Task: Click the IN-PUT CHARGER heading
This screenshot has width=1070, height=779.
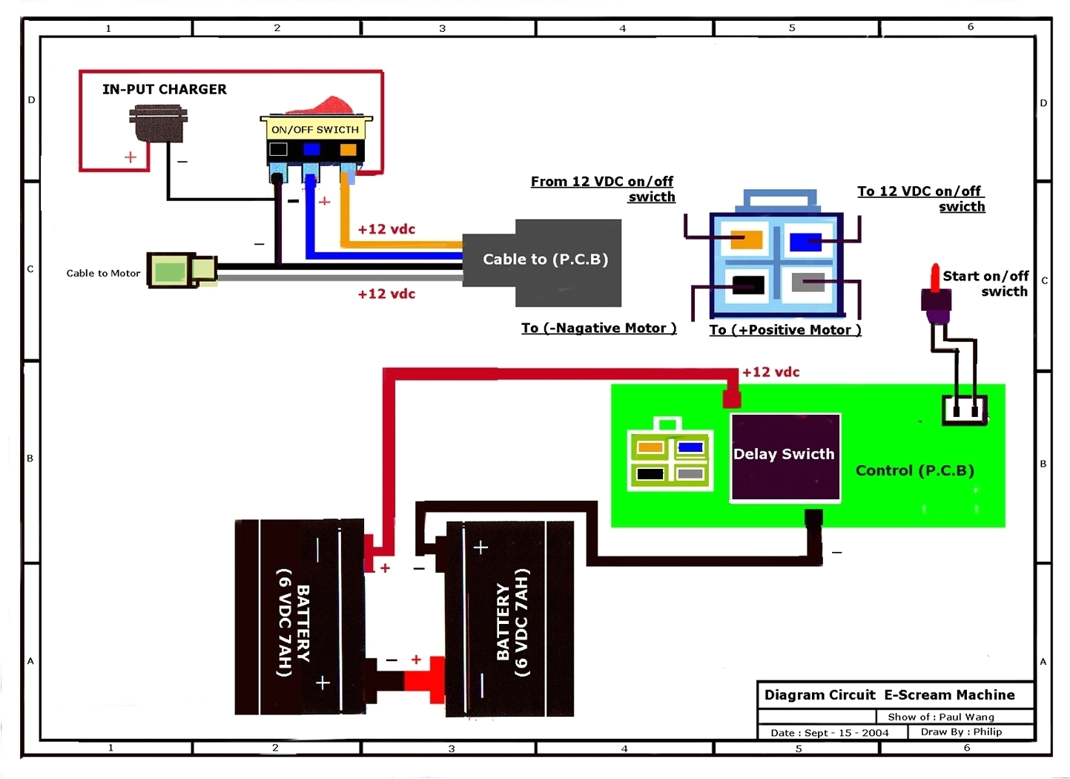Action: click(x=164, y=89)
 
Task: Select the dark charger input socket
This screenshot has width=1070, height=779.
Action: click(x=158, y=122)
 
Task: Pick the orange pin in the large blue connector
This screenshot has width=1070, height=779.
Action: click(x=746, y=240)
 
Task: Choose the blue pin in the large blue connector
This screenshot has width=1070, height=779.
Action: click(x=805, y=242)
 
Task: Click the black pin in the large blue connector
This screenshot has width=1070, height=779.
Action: click(x=747, y=285)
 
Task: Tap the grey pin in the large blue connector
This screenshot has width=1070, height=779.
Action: click(x=808, y=283)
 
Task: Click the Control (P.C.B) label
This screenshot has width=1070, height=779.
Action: click(x=914, y=470)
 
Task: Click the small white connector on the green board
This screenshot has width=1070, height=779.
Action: click(x=964, y=410)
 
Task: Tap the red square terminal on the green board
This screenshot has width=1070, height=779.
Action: click(x=731, y=399)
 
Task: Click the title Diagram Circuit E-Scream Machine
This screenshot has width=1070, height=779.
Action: click(x=889, y=695)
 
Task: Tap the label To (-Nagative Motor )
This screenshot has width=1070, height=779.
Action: click(x=598, y=328)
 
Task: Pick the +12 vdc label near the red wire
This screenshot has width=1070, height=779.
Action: click(x=770, y=372)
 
